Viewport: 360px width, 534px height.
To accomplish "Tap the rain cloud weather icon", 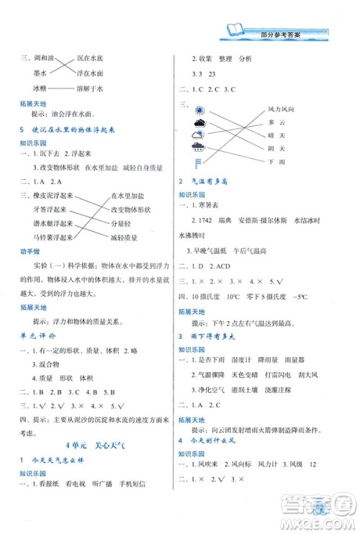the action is pyautogui.click(x=199, y=148).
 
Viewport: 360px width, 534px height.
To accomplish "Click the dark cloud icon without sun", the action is pyautogui.click(x=199, y=135).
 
